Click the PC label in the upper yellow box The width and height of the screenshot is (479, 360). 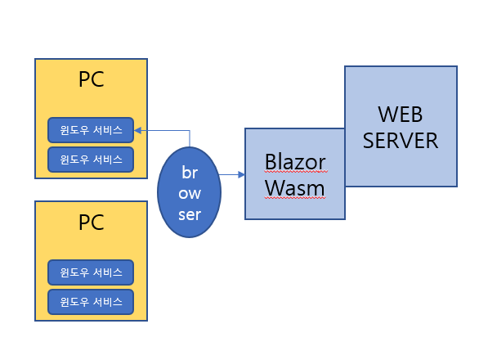click(91, 80)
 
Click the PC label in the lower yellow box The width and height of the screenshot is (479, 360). click(91, 223)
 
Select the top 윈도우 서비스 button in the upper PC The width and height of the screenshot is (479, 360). click(91, 130)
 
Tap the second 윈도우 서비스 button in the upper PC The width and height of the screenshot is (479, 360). click(91, 159)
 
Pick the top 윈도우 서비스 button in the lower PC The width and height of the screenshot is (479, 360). click(91, 272)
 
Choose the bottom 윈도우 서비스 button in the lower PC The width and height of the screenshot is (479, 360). click(91, 301)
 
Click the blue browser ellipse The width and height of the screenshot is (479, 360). click(190, 191)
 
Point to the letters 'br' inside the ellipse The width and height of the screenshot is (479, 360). click(190, 173)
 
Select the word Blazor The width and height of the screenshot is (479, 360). click(295, 162)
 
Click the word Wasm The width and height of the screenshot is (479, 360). click(295, 189)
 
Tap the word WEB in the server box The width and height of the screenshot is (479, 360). click(401, 113)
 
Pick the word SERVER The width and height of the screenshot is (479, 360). click(401, 140)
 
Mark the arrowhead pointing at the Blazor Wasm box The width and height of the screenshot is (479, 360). click(241, 174)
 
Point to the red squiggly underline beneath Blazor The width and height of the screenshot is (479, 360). click(295, 173)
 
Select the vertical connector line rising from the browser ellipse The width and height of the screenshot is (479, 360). click(190, 138)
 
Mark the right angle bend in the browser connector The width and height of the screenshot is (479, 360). click(190, 130)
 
